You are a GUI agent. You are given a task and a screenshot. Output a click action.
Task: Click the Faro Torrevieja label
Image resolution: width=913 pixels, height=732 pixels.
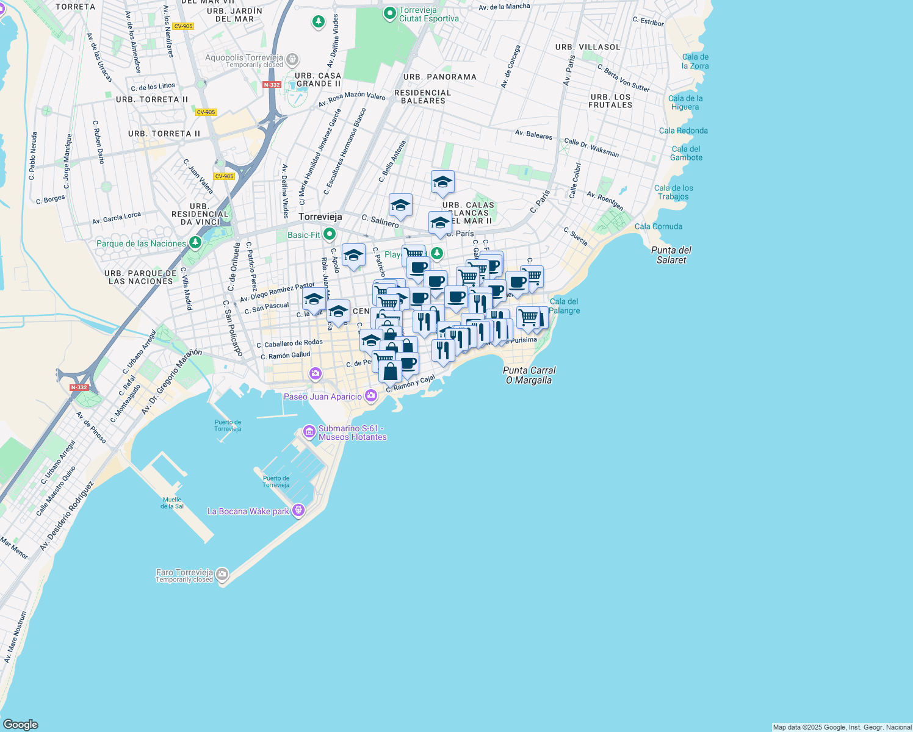[184, 573]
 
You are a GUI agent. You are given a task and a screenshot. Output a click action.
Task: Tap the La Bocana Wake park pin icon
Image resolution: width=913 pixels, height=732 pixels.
[298, 510]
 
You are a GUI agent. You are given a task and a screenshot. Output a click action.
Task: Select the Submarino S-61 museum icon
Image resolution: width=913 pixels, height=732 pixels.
[309, 432]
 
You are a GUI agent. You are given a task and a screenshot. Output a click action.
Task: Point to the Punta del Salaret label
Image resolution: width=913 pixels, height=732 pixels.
[671, 255]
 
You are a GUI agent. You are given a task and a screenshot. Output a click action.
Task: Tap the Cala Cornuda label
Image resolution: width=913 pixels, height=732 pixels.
[659, 226]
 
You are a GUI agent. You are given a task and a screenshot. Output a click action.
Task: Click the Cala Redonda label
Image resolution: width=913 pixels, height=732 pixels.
[684, 131]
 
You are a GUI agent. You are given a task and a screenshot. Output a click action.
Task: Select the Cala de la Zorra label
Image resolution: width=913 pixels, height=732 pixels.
[695, 62]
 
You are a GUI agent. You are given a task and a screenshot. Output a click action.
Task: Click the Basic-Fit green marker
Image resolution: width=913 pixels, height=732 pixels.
[330, 234]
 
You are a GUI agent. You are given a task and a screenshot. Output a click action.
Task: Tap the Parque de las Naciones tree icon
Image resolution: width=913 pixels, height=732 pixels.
[195, 243]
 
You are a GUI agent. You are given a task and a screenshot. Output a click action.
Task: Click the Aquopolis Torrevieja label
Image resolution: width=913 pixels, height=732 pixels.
[245, 58]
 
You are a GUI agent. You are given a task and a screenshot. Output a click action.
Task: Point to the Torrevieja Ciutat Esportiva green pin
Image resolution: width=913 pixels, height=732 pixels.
[390, 13]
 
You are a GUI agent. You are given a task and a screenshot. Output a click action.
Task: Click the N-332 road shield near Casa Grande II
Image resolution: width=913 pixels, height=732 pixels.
[272, 85]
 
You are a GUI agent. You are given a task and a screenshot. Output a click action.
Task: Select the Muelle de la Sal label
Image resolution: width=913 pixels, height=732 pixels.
[172, 503]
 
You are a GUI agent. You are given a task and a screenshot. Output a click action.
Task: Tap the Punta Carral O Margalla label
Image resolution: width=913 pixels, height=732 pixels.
[529, 375]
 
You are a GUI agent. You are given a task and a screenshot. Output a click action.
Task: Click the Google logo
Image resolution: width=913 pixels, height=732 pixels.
[20, 724]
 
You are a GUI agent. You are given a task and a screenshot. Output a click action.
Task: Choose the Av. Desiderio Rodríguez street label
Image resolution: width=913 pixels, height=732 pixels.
[67, 516]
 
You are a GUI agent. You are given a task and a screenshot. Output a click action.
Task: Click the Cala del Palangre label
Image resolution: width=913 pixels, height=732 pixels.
[565, 306]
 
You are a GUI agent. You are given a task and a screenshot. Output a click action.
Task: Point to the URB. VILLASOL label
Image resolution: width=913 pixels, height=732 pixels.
[588, 47]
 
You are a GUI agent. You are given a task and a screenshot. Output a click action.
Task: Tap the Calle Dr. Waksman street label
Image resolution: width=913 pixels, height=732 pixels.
[591, 148]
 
